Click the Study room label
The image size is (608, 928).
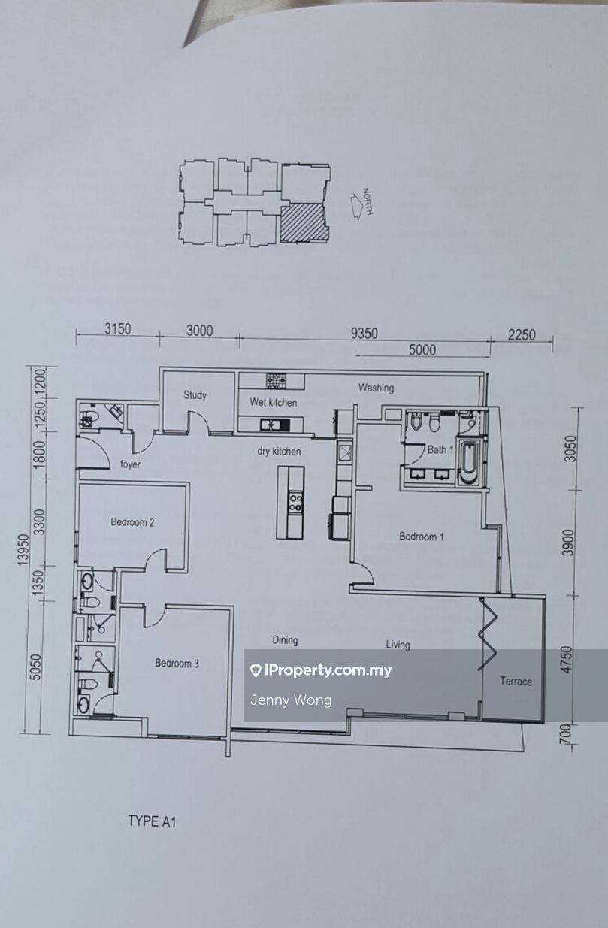(195, 395)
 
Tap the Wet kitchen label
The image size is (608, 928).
(273, 402)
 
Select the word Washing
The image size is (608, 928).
(376, 388)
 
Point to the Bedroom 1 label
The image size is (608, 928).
(421, 537)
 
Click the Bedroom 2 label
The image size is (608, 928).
(132, 522)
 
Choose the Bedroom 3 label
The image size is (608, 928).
(177, 663)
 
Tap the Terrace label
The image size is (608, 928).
(516, 682)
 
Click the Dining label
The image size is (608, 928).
(285, 640)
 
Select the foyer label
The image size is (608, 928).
(130, 464)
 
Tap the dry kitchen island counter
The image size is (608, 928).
(290, 502)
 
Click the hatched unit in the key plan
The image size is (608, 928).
(304, 223)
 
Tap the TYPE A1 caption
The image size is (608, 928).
(151, 821)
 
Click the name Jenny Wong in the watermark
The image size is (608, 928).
(291, 700)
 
